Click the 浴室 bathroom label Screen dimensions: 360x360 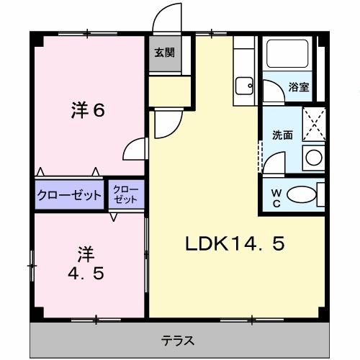[299, 87]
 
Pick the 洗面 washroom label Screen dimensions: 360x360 [282, 135]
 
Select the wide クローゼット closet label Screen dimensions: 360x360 [69, 195]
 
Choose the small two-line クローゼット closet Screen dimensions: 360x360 [127, 194]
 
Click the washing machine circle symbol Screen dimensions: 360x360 [312, 157]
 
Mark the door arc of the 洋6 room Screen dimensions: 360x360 [134, 150]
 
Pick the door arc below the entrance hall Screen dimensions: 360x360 [162, 123]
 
